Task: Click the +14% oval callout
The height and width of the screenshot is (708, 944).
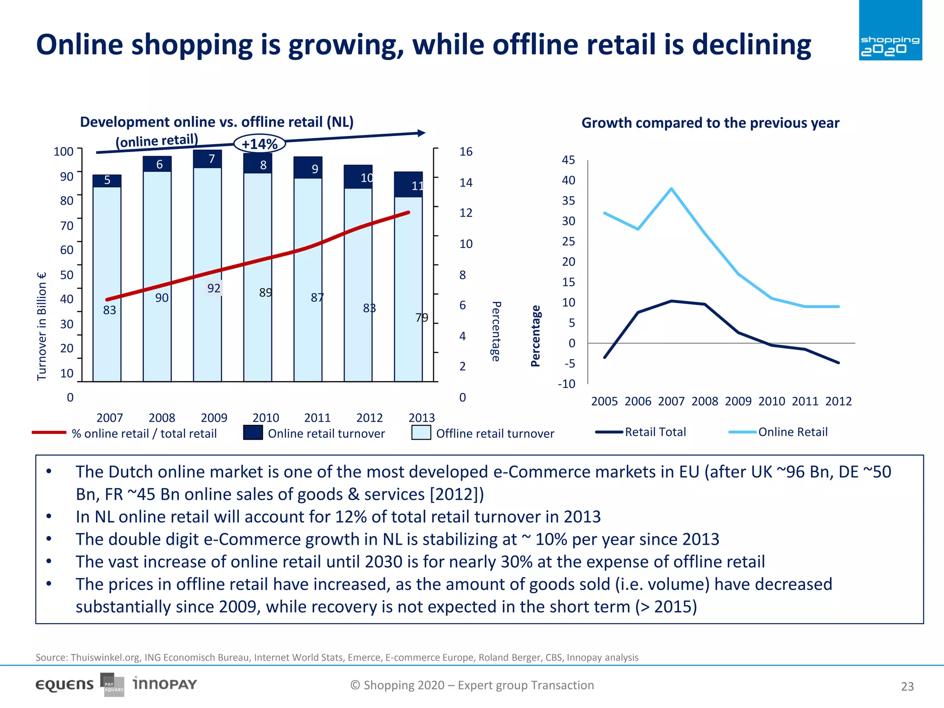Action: (x=260, y=144)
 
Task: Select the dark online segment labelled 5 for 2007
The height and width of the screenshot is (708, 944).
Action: (x=107, y=180)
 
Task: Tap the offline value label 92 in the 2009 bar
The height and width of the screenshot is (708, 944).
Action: (x=213, y=288)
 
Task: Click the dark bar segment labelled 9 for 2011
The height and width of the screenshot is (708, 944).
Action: (x=308, y=168)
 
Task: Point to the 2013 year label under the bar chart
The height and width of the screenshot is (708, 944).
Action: (x=421, y=418)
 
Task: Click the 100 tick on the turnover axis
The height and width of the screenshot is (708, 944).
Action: (x=64, y=152)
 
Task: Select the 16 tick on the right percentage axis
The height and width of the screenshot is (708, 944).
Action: (x=466, y=152)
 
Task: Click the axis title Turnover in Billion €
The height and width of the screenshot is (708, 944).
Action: (x=42, y=326)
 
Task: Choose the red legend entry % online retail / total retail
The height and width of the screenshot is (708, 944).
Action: (x=124, y=433)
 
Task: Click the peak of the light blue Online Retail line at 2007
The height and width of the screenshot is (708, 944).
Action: (x=672, y=189)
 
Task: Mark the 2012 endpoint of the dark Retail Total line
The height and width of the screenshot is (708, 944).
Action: (x=838, y=363)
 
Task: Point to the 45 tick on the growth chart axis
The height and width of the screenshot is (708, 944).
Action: (x=568, y=160)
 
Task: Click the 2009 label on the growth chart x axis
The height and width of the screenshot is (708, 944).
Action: (x=738, y=401)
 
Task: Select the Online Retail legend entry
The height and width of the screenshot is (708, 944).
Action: (x=779, y=432)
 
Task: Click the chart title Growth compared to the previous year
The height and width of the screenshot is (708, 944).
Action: (x=710, y=123)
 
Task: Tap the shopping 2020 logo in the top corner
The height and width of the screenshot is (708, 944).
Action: (x=890, y=30)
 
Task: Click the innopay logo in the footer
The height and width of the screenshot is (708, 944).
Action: (x=165, y=684)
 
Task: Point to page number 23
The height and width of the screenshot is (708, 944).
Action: (x=907, y=686)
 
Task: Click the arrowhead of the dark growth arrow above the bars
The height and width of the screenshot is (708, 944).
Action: (x=421, y=133)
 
